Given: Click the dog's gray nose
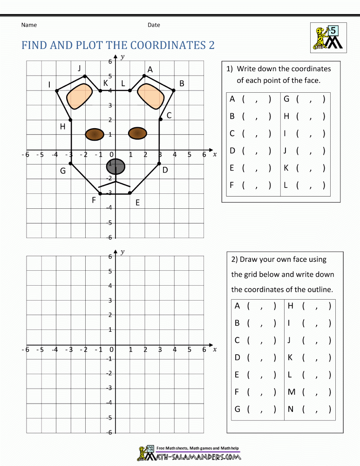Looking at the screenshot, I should (x=116, y=166).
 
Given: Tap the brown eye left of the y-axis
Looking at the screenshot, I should (x=95, y=134).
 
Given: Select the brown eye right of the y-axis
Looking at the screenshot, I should (x=137, y=133).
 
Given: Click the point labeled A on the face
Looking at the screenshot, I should (x=144, y=75).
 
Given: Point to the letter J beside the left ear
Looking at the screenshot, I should (x=80, y=69).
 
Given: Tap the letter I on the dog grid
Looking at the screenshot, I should (x=49, y=85).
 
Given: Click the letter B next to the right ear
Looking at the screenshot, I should (x=182, y=84).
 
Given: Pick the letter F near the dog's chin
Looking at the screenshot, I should (x=94, y=200).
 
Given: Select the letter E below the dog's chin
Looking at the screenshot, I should (x=137, y=203).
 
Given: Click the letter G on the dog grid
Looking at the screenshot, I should (x=63, y=171).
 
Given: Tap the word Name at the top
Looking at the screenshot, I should (x=29, y=25).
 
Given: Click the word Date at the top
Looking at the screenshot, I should (x=154, y=25).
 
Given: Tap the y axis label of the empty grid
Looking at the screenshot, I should (x=122, y=252).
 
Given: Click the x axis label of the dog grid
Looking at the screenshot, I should (x=215, y=154).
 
